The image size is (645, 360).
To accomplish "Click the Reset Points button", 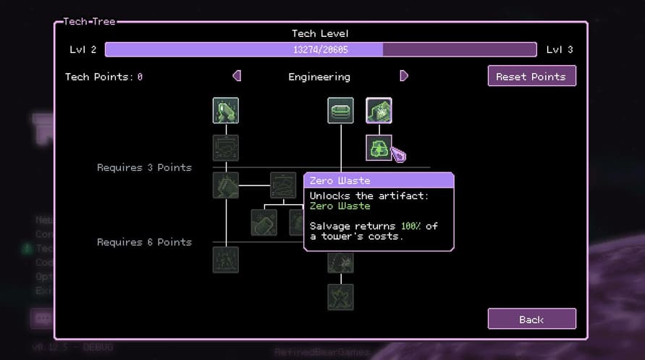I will click(x=531, y=76).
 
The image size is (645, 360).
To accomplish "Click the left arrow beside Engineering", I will click(x=237, y=76).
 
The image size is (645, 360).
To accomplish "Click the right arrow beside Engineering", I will click(x=404, y=76).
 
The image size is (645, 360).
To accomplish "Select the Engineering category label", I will click(x=319, y=77).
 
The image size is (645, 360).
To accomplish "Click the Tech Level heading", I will click(x=319, y=33).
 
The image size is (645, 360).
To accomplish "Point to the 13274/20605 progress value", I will click(x=319, y=49).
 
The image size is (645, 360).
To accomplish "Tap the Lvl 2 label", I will click(x=83, y=49).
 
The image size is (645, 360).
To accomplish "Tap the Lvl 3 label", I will click(x=559, y=49).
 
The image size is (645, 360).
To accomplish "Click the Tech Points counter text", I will click(x=104, y=77).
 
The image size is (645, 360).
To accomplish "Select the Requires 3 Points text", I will click(x=144, y=167).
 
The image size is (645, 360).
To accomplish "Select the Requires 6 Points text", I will click(x=144, y=242).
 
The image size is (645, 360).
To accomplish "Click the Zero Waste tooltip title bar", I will click(x=379, y=180).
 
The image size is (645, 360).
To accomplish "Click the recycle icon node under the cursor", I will click(x=379, y=148).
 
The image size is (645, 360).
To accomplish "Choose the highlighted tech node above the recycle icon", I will click(x=379, y=111).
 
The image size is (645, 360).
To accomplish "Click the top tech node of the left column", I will click(x=226, y=111).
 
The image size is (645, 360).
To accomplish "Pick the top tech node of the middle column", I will click(x=340, y=111).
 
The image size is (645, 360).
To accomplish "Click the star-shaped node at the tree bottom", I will click(x=340, y=296).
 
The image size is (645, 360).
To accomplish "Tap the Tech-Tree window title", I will click(x=90, y=22).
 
